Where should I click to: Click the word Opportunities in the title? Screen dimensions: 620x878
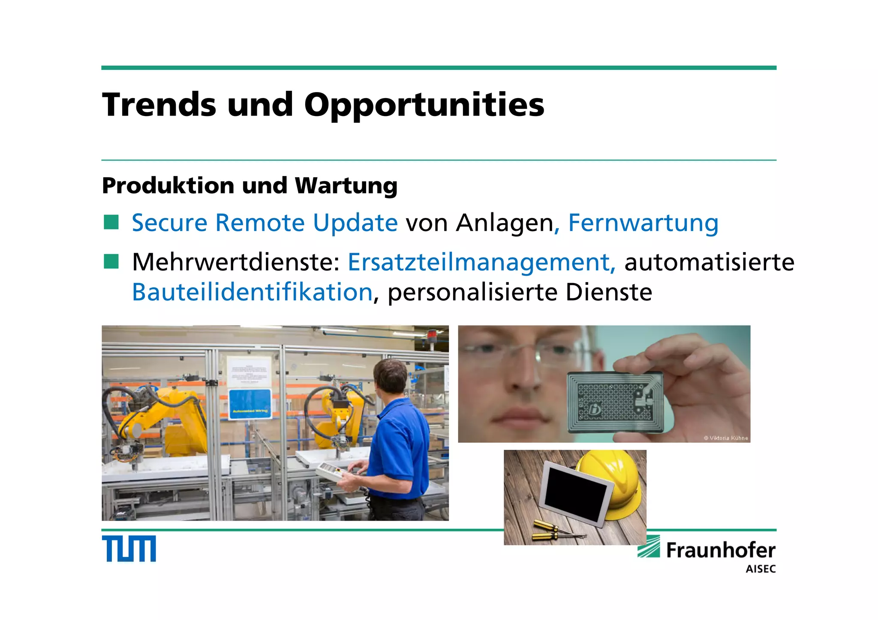click(x=424, y=105)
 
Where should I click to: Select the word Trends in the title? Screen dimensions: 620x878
click(x=159, y=104)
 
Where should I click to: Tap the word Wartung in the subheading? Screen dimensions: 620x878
click(x=346, y=186)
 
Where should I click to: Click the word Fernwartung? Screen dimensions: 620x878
click(x=643, y=223)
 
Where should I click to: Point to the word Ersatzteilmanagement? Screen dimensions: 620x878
click(x=481, y=262)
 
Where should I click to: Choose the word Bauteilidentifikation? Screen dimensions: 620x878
click(x=252, y=292)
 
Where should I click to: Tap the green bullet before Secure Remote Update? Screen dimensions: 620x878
click(x=111, y=222)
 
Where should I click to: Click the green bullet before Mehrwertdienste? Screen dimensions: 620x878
click(x=111, y=261)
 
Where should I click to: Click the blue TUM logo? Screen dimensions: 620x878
click(x=129, y=548)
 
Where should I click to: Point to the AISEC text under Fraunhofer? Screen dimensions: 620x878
click(x=761, y=569)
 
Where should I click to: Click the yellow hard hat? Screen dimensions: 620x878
click(x=613, y=482)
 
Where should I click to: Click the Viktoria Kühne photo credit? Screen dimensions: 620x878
click(x=726, y=438)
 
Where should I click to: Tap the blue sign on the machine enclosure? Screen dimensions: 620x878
click(x=250, y=404)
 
